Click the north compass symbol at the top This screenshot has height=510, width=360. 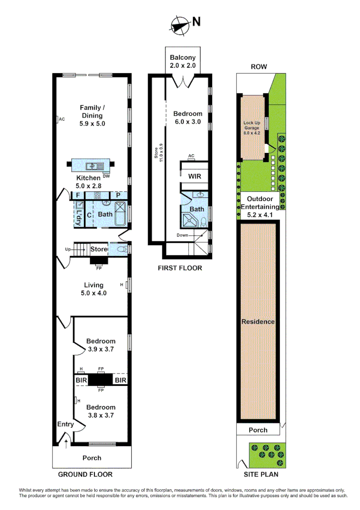tap(180, 24)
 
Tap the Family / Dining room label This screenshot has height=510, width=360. tap(91, 115)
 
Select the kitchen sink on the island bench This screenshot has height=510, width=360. tap(93, 166)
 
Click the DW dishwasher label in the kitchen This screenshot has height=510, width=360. tap(106, 176)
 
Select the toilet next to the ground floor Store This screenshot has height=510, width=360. tap(120, 249)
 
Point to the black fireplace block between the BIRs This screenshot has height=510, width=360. tap(100, 380)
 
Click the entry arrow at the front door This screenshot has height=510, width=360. tap(66, 442)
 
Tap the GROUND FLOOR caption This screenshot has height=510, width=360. tap(85, 474)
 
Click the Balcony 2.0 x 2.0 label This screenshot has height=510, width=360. tap(183, 61)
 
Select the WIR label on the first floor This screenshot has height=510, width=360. tap(195, 177)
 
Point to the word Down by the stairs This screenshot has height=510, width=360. tap(183, 235)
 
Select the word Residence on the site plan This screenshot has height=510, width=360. tap(258, 322)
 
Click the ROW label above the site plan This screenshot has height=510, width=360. tap(259, 67)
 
